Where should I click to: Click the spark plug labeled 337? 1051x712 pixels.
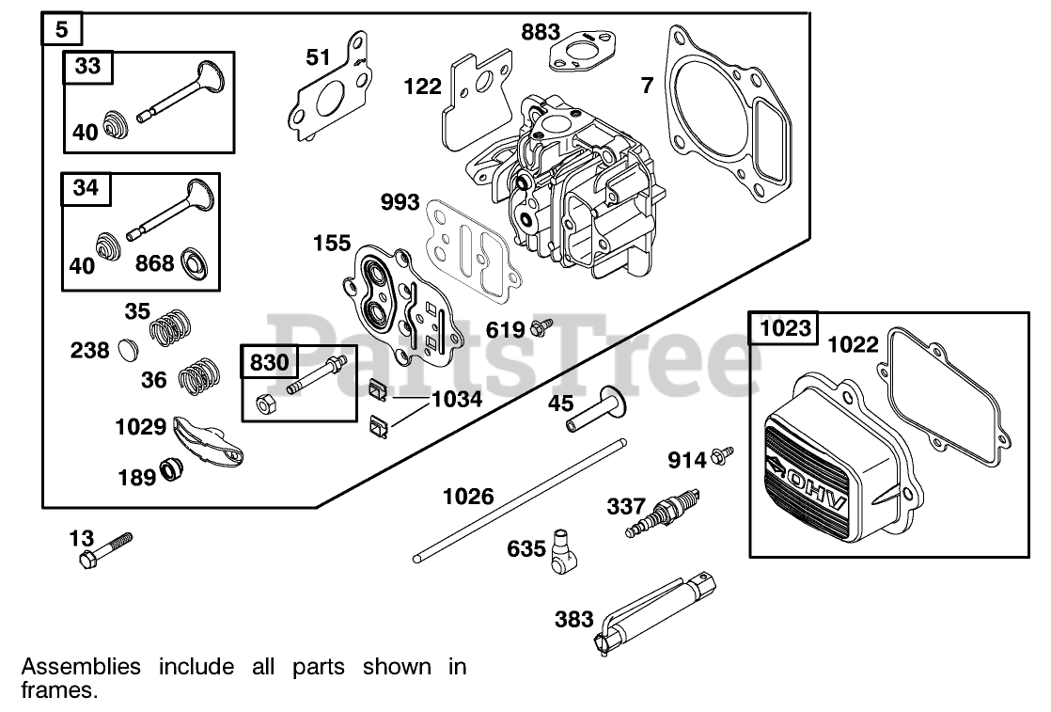(x=663, y=513)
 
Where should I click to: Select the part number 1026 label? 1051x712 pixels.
(x=468, y=496)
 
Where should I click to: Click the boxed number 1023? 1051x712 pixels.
(x=784, y=328)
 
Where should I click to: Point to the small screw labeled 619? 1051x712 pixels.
(x=541, y=327)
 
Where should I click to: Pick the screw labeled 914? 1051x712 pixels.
(x=722, y=456)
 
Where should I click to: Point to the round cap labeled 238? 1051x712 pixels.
(x=127, y=351)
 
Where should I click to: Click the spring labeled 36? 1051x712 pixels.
(x=199, y=376)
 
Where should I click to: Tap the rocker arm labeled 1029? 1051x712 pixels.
(x=206, y=440)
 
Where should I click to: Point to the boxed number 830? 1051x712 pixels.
(x=271, y=361)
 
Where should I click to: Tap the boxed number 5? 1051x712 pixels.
(x=62, y=28)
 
